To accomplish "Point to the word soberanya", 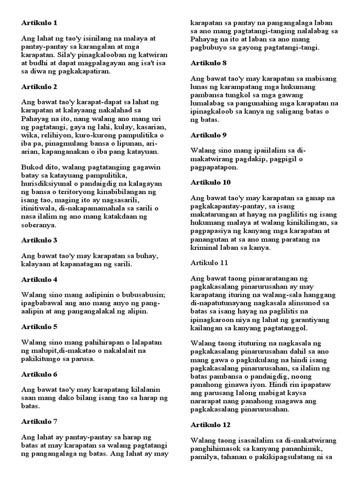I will point(39,225).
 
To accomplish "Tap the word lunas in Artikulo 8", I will point(201,87).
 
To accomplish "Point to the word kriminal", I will point(205,247).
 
